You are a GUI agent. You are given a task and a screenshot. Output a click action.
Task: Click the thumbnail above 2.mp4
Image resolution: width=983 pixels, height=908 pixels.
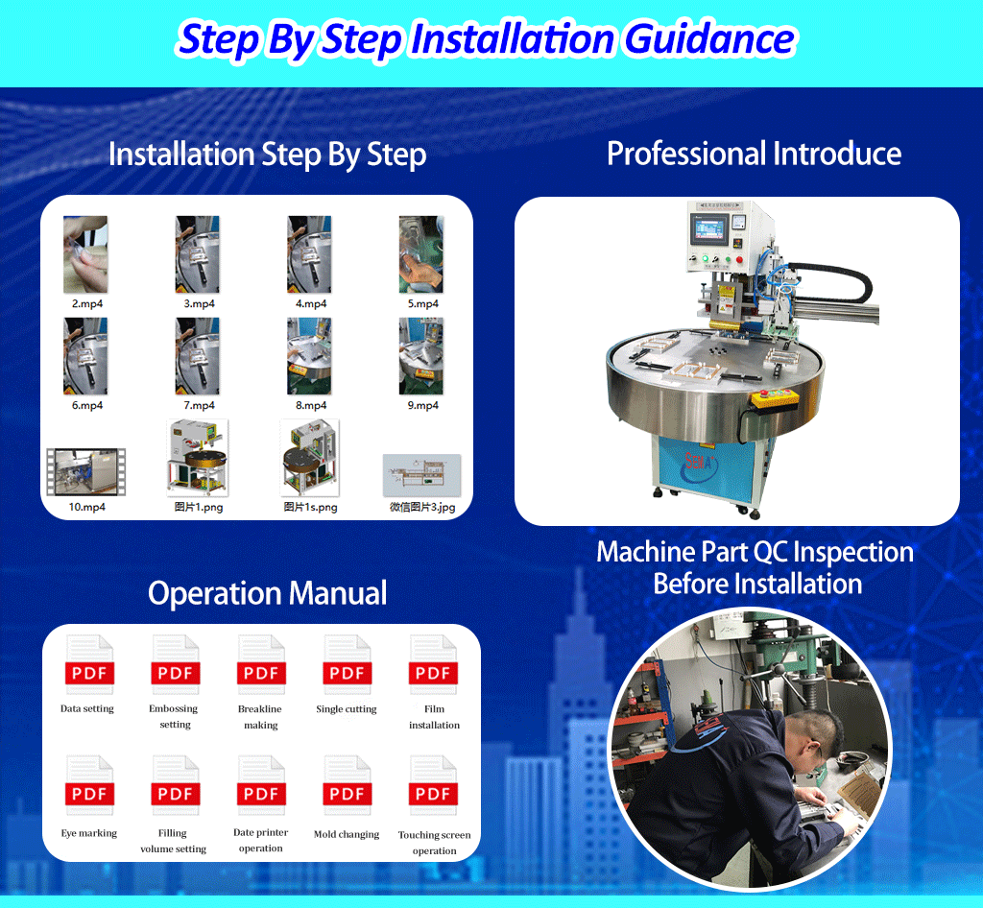point(85,253)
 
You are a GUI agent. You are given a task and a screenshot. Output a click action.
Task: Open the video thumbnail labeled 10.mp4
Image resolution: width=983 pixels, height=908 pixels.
point(86,472)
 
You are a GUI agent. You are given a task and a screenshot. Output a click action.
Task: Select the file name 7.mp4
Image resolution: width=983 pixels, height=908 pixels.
point(199,405)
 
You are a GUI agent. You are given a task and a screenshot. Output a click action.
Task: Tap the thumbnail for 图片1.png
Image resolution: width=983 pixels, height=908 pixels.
point(198,458)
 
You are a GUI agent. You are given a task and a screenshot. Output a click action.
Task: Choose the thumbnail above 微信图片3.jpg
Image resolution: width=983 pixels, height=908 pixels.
point(422,476)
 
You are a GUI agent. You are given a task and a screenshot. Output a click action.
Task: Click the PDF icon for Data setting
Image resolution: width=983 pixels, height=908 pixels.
point(89,664)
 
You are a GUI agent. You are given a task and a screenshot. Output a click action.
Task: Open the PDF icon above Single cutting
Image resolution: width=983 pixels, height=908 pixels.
point(347,664)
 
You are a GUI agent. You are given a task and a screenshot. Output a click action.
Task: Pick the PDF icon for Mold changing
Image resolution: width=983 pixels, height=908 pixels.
point(347,785)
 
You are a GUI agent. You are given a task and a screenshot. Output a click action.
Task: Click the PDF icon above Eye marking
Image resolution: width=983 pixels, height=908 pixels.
point(89,785)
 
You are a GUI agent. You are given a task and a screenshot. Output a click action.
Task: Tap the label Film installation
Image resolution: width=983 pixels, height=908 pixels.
point(434,717)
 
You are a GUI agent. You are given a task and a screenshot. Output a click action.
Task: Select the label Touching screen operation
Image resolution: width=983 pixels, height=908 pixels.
point(434,843)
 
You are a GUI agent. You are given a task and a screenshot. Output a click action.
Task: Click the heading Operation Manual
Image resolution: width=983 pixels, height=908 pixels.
point(267,593)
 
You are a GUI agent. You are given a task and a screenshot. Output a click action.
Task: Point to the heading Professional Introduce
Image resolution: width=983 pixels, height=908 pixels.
point(754,154)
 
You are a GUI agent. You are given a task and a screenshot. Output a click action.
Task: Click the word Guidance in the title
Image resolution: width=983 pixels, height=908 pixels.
point(709,38)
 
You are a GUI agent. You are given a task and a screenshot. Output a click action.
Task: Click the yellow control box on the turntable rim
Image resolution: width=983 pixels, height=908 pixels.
point(775,398)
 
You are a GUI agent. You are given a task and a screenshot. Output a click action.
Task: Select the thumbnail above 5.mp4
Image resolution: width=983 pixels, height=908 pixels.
point(421,253)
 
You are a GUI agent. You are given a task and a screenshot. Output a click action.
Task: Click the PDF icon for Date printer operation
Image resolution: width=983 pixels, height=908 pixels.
point(261,785)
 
